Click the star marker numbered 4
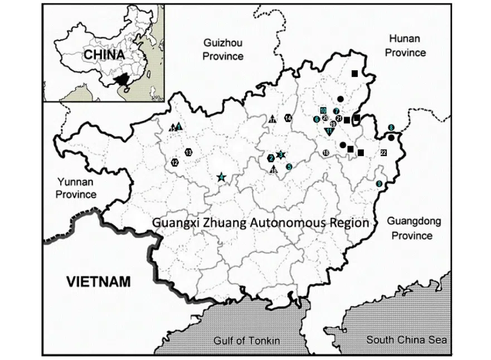222,177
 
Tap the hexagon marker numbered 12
175,163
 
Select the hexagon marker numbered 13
189,152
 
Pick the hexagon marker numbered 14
288,118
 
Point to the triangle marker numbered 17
273,119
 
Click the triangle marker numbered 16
273,169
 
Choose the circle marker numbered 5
289,166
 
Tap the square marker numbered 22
383,152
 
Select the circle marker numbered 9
379,183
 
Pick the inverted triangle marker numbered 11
329,131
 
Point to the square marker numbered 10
323,110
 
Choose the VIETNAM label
99,281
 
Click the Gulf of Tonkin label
246,340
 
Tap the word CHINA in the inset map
104,55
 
